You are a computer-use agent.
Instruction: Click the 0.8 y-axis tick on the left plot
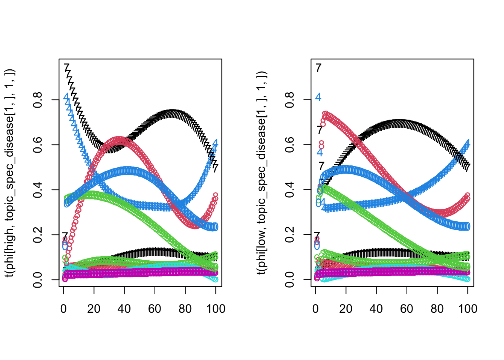(37, 100)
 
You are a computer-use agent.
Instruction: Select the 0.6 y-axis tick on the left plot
(37, 145)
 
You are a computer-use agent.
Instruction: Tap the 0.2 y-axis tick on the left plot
(37, 235)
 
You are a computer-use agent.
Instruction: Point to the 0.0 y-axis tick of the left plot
(37, 280)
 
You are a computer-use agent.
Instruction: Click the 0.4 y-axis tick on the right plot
(289, 190)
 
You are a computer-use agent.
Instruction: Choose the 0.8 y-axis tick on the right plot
(289, 100)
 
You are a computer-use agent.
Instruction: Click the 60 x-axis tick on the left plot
(155, 309)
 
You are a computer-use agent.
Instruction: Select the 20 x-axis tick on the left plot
(94, 309)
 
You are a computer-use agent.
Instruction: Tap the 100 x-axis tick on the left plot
(216, 309)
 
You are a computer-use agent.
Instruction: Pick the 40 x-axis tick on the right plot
(376, 309)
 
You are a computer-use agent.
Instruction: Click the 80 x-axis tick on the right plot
(437, 309)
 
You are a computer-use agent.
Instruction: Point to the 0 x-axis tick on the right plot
(316, 309)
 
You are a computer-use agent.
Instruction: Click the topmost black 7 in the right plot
(318, 68)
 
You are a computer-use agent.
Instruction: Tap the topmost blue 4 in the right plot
(318, 97)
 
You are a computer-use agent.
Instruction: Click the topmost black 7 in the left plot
(67, 68)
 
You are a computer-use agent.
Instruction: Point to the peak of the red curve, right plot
(325, 114)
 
